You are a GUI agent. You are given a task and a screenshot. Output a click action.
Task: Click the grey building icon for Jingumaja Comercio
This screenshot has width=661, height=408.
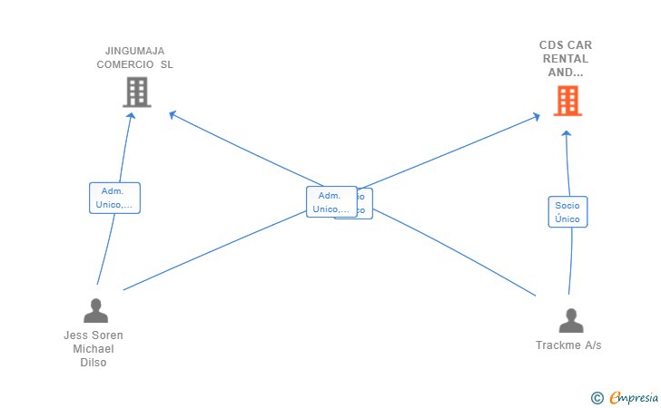pos(136,92)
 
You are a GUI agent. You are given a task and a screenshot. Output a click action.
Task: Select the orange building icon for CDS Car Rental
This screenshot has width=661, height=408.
pos(567,101)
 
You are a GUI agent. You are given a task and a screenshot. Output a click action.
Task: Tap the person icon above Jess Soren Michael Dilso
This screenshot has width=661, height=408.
pos(95,311)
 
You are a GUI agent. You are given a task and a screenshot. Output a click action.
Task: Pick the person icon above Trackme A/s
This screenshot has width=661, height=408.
pos(571,321)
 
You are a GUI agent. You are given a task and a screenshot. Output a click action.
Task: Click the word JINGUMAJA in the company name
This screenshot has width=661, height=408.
pos(134,51)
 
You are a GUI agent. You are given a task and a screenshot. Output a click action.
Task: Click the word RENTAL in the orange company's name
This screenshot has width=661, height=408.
pos(566,58)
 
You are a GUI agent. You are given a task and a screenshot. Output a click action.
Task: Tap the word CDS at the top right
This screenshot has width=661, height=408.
pos(552,44)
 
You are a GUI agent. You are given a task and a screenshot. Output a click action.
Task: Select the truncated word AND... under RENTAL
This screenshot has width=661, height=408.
pos(566,72)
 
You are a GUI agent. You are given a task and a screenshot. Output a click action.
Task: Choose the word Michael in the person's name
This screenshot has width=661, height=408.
pos(94,349)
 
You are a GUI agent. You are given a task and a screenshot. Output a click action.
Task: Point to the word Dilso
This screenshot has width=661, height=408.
pos(94,363)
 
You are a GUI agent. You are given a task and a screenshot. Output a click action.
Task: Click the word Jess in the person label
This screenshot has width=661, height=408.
pos(75,335)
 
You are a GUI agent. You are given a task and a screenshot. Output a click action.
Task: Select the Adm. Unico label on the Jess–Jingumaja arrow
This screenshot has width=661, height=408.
pos(114,198)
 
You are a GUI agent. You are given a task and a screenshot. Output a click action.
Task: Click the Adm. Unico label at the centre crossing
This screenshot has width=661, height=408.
pos(330,202)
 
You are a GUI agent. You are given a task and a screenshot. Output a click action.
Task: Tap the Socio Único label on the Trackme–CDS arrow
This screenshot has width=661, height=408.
pos(567,211)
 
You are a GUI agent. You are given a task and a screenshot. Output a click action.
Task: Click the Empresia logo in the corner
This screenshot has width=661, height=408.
pos(634,397)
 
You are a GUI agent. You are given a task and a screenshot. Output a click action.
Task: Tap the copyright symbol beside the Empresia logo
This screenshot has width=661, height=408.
pos(597,397)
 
